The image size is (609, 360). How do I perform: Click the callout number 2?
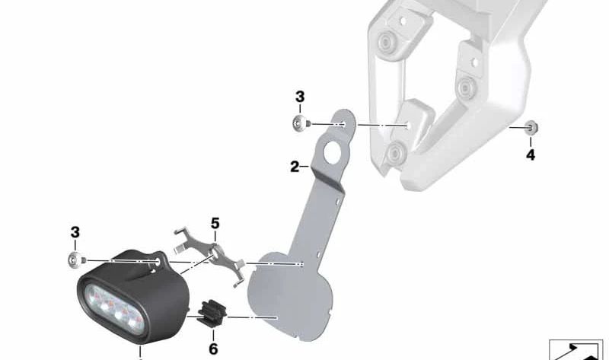coord(295,167)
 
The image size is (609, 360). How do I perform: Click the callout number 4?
coord(531,155)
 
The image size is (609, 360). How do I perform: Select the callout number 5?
coord(215,223)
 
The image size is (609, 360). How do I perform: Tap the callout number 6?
coord(213,349)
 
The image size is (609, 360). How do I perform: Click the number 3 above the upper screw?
coord(300,97)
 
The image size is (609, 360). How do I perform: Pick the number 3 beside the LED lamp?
coord(75,232)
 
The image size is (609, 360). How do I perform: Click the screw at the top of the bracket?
coord(301,123)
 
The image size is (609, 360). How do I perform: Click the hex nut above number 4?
coord(531,127)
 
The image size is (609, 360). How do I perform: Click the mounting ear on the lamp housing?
coord(158,261)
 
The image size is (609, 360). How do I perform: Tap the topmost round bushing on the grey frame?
coord(386,41)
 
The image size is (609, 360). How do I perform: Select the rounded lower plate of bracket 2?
coord(291,296)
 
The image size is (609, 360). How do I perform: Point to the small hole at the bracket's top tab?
coord(343,124)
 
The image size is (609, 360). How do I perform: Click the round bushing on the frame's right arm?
coord(466,87)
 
